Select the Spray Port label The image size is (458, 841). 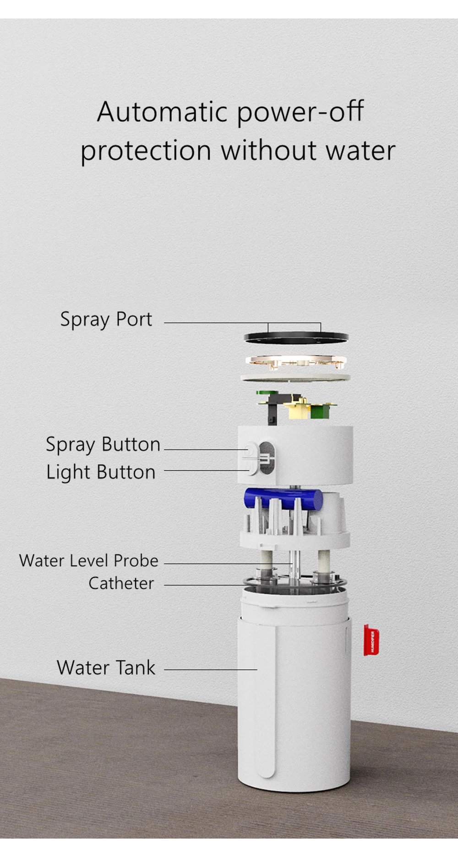coord(106,319)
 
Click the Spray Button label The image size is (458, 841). coord(103,444)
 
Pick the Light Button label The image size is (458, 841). coord(101,472)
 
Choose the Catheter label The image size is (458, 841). coord(121,583)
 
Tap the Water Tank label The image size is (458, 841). coord(106,667)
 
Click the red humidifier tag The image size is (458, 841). coord(371,640)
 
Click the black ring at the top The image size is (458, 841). coord(296,338)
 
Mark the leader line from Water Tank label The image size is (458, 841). coord(211,669)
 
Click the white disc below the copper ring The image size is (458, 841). coord(296,378)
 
